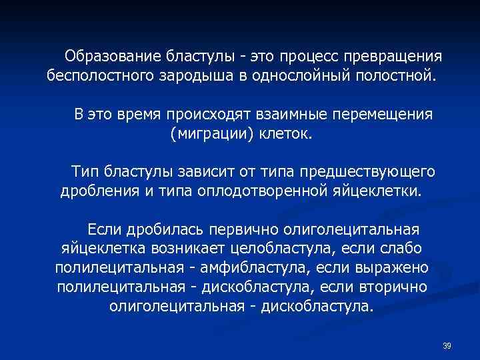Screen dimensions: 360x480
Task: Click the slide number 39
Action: coord(447,345)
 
